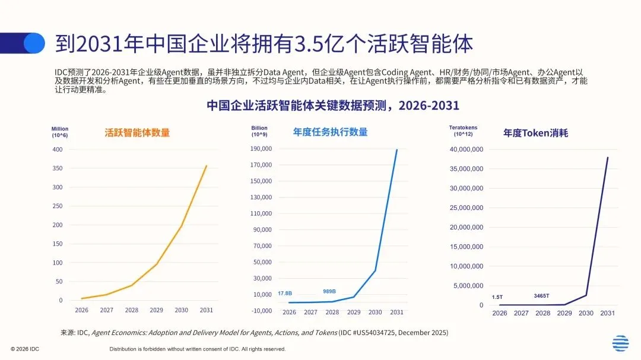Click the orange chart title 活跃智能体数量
coord(137,133)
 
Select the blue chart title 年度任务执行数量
coord(331,132)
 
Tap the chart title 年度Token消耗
coord(535,133)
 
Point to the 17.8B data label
coord(285,294)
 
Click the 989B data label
coord(329,291)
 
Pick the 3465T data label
coord(541,296)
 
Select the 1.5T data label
coord(497,297)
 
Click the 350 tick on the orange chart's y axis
coord(58,168)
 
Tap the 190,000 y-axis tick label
coord(261,149)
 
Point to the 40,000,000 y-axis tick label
coord(467,149)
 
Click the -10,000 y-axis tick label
coord(262,311)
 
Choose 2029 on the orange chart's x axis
coord(156,310)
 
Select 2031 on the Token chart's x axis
coord(607,313)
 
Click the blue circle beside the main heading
coord(34,43)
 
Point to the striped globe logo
coord(621,343)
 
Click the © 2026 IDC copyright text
coord(25,349)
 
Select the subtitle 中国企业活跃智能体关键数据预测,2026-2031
coord(333,106)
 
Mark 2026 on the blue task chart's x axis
coord(289,312)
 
